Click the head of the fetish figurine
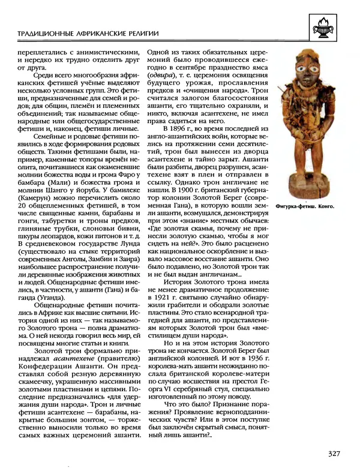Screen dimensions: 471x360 tap(311, 72)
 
